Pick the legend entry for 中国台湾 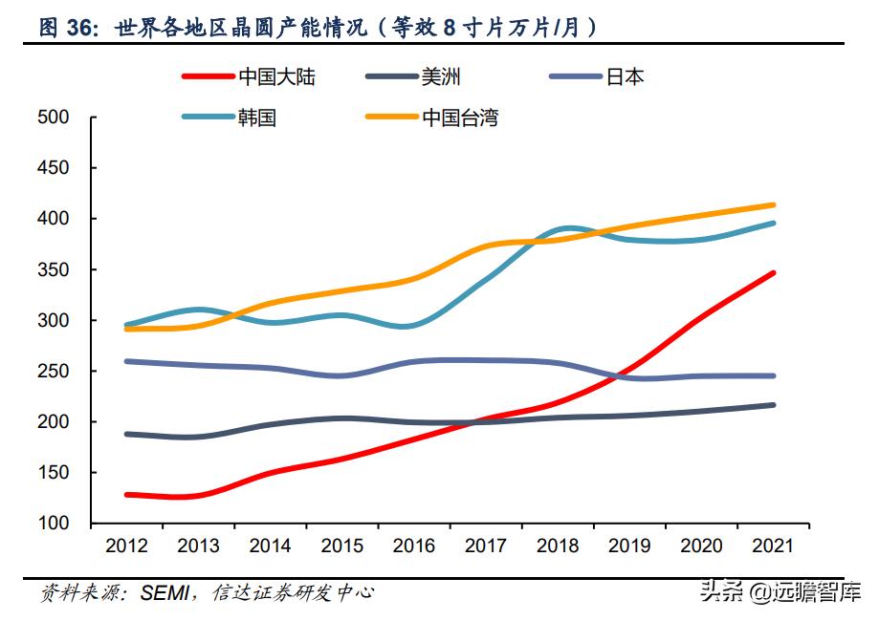click(x=459, y=118)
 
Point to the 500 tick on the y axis click(x=53, y=118)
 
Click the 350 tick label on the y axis click(x=53, y=270)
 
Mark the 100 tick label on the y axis click(x=53, y=524)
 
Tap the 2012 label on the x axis click(x=126, y=546)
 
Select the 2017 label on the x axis click(x=486, y=546)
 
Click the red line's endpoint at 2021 click(x=774, y=273)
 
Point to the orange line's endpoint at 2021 click(x=774, y=204)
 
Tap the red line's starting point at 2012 click(x=126, y=495)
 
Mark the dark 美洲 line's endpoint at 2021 click(x=774, y=405)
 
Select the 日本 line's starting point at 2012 click(x=126, y=361)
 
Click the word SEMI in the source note click(x=165, y=593)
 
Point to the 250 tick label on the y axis click(x=53, y=372)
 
